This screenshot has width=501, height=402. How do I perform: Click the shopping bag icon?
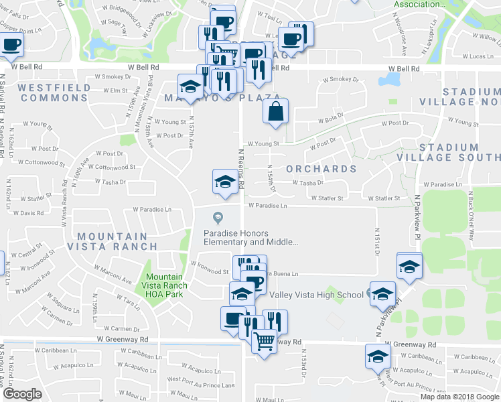(276, 112)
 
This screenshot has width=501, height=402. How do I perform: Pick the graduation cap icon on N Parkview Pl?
(408, 266)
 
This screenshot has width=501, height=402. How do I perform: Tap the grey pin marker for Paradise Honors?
(217, 216)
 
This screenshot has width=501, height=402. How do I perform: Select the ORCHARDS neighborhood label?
(321, 169)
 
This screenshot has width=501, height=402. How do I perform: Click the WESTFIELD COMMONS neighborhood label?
(54, 92)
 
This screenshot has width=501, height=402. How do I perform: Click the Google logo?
(22, 394)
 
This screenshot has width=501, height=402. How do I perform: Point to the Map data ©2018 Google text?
(459, 397)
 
